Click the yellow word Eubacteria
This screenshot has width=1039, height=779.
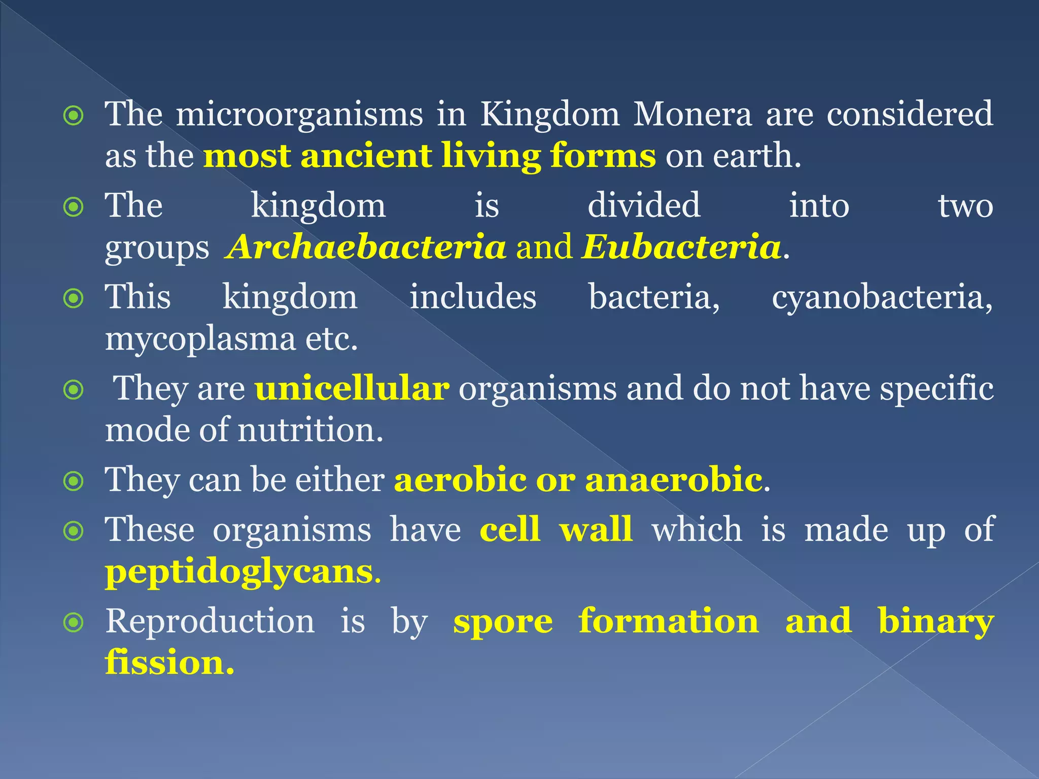[681, 247]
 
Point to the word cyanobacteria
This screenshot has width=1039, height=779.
[881, 298]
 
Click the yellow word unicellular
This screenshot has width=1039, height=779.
[352, 389]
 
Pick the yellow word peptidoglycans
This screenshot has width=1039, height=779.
[239, 573]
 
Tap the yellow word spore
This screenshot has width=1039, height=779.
[503, 623]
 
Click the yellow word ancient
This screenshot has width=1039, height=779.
[366, 156]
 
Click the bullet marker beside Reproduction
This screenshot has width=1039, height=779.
[74, 622]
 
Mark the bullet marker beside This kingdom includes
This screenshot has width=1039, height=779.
[74, 299]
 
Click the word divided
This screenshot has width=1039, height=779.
[644, 206]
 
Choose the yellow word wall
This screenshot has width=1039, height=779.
[596, 530]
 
